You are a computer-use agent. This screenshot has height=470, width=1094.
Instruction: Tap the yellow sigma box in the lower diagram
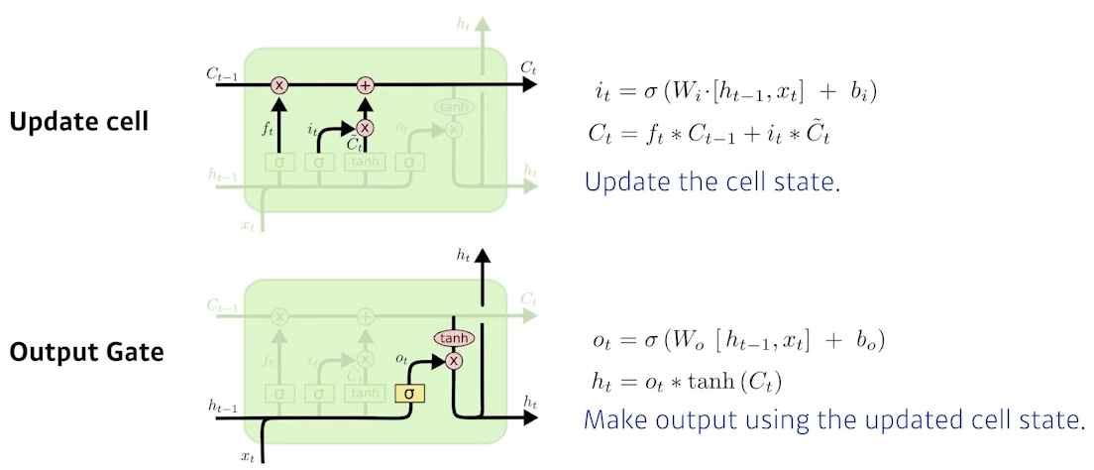[x=409, y=394]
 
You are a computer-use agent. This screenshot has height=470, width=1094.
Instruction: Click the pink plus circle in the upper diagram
[x=366, y=85]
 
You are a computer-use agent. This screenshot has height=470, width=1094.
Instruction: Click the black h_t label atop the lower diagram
[x=463, y=255]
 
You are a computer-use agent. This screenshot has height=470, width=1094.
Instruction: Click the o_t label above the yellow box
[x=401, y=357]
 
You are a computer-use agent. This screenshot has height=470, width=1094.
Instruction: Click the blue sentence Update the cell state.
[x=711, y=182]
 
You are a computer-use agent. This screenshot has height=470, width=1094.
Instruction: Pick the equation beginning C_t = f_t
[x=708, y=134]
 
